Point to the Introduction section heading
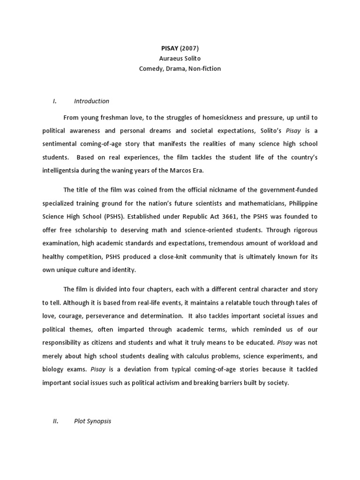tap(91, 101)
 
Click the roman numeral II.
tap(55, 421)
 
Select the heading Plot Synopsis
tap(92, 421)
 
